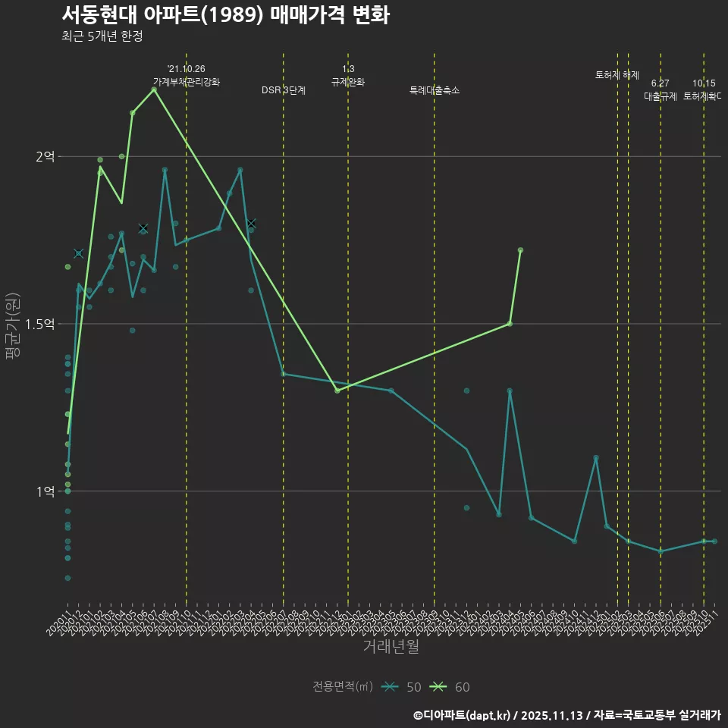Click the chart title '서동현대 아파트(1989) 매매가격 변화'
[x=225, y=14]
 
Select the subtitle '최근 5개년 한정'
[x=102, y=36]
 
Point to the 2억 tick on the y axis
[x=45, y=157]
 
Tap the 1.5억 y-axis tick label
[x=40, y=324]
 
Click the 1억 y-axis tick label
[x=45, y=491]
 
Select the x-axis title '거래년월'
[x=391, y=647]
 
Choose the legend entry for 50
[x=404, y=687]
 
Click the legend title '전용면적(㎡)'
[x=343, y=687]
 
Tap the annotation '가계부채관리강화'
[x=187, y=82]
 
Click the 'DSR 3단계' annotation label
[x=284, y=90]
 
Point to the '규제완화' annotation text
[x=348, y=82]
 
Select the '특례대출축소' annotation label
[x=435, y=90]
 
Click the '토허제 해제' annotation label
[x=617, y=75]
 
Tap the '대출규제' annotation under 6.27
[x=661, y=96]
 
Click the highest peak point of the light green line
[x=154, y=89]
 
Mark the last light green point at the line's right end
[x=520, y=249]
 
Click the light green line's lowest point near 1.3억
[x=337, y=391]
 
